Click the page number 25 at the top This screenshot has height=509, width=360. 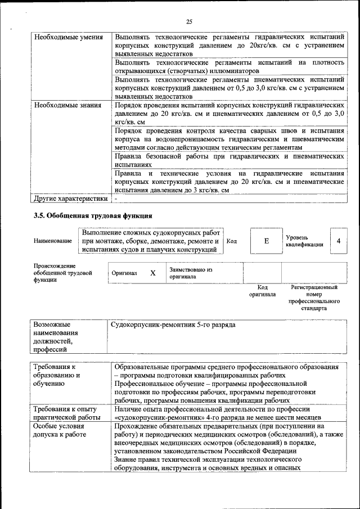189,22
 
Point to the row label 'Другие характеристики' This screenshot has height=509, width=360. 70,199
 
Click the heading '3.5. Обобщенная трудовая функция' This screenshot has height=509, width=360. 93,216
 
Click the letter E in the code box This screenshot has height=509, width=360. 267,241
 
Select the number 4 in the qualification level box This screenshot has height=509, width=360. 338,241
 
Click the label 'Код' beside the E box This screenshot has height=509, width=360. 232,241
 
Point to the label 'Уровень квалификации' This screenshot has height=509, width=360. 304,241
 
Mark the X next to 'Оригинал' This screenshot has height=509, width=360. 152,273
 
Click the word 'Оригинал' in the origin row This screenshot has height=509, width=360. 124,273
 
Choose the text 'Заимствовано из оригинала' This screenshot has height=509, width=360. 191,273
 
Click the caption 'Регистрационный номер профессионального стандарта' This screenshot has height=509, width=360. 314,298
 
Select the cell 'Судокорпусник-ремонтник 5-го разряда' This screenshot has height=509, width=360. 173,325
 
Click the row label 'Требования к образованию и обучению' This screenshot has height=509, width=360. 57,376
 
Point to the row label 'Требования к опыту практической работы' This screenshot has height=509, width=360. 66,413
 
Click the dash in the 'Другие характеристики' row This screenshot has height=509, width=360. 116,199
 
